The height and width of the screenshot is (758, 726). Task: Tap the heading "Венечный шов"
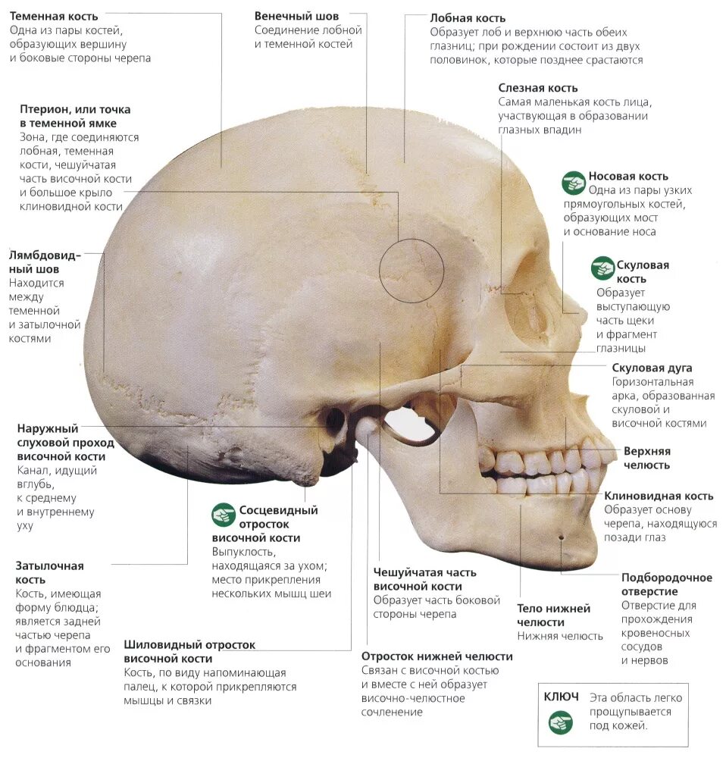(x=296, y=16)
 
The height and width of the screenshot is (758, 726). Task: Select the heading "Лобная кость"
(x=468, y=17)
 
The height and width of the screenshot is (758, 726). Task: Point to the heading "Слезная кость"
(x=537, y=88)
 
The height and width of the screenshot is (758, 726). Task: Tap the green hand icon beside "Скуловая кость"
(x=603, y=267)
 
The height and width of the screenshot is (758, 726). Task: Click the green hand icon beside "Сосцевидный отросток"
(x=224, y=515)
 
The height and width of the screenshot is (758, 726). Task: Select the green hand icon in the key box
(x=562, y=721)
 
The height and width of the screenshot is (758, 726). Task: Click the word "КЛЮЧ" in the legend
(x=562, y=697)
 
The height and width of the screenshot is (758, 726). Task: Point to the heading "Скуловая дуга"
(x=652, y=368)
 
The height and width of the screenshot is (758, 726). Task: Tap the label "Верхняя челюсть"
(x=646, y=458)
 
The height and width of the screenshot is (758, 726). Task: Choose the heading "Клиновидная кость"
(x=659, y=496)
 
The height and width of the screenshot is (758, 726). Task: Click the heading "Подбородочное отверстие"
(x=666, y=584)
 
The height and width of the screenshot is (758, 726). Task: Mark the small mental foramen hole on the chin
(x=561, y=537)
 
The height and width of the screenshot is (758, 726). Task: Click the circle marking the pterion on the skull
(x=412, y=269)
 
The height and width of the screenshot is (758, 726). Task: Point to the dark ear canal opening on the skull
(x=334, y=419)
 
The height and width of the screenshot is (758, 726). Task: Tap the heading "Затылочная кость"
(x=49, y=572)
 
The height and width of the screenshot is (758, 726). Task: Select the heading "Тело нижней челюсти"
(x=553, y=615)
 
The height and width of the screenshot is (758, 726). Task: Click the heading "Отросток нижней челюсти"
(x=437, y=656)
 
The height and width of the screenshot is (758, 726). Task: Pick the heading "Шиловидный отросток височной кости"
(x=189, y=652)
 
